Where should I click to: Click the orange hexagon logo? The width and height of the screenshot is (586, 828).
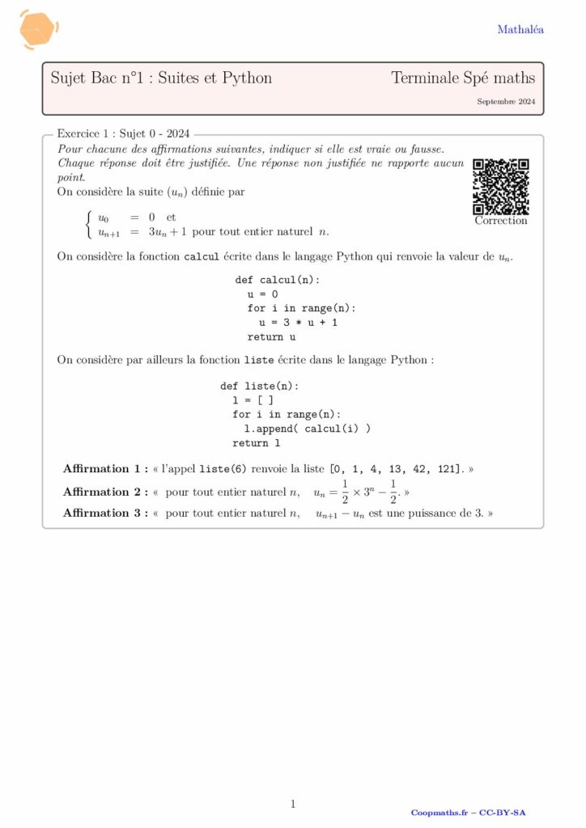(38, 30)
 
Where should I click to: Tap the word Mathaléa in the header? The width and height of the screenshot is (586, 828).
(520, 30)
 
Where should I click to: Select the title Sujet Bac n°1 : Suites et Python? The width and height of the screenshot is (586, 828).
(161, 78)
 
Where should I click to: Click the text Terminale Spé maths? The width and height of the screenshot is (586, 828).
(463, 78)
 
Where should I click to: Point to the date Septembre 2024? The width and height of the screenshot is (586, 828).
(506, 102)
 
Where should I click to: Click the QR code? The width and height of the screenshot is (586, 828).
(501, 186)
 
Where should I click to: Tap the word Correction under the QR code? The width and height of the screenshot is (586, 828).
(501, 221)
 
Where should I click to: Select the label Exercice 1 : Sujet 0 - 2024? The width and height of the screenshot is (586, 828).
(123, 134)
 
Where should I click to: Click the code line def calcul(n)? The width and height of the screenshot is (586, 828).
(277, 279)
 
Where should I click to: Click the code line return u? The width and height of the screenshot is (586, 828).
(271, 336)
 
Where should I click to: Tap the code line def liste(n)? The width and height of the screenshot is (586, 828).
(260, 386)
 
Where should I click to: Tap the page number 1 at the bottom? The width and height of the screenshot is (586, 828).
(293, 804)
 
